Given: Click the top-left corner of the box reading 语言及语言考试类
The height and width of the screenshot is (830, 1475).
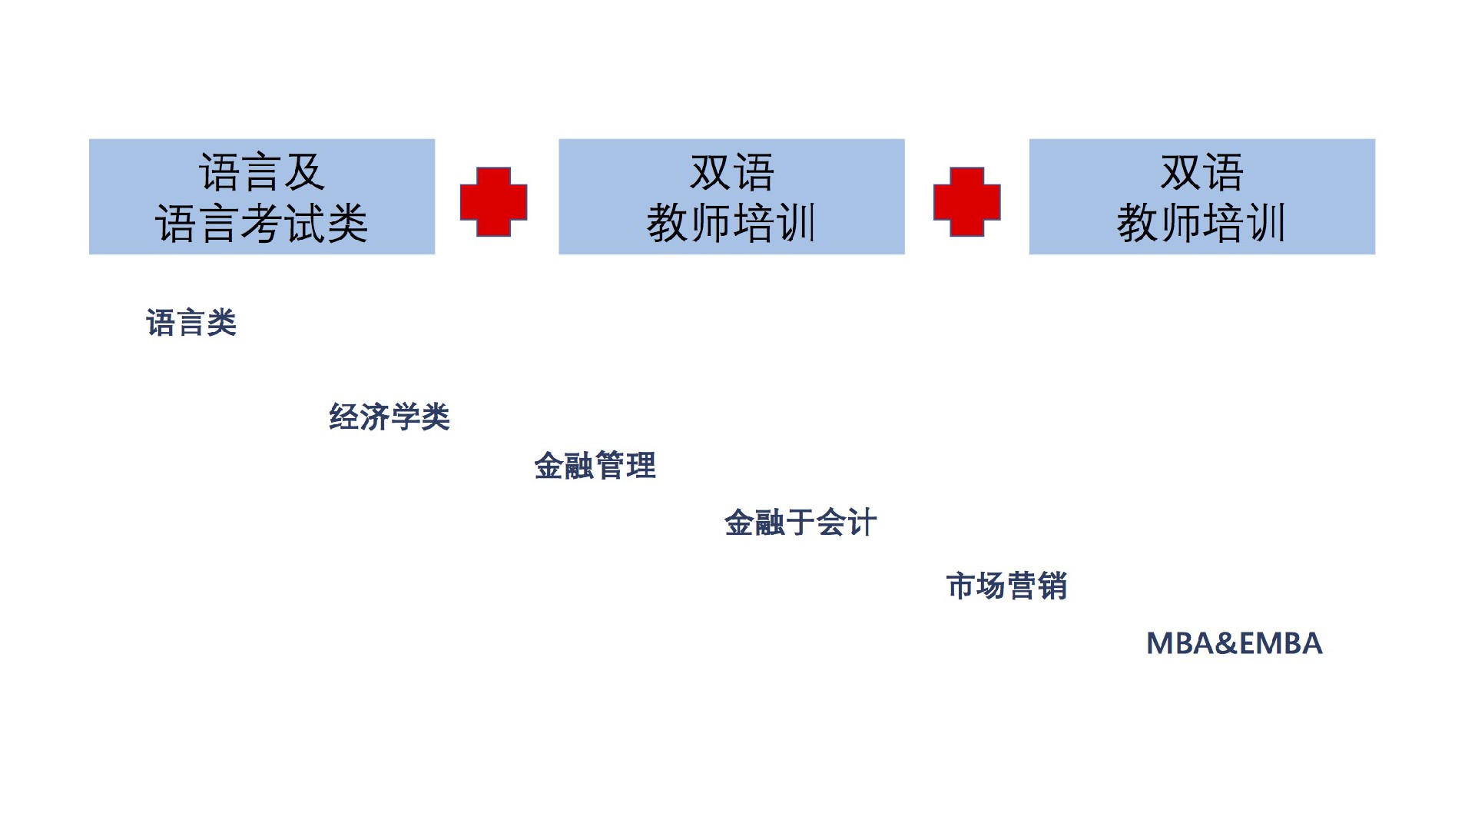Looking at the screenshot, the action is (x=89, y=139).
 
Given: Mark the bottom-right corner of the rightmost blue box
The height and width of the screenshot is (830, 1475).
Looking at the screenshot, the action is (x=1375, y=254).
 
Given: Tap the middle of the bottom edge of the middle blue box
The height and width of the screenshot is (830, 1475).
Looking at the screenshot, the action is (x=731, y=254).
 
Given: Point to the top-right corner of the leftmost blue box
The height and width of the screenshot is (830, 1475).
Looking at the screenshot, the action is (x=435, y=139).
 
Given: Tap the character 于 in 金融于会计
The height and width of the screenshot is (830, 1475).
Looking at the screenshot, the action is (x=800, y=523).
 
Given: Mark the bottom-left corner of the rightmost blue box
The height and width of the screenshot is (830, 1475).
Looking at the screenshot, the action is (x=1029, y=254).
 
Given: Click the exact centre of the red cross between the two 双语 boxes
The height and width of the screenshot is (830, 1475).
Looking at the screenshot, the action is (x=966, y=202).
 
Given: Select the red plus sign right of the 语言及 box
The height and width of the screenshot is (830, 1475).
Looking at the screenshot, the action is (x=493, y=202).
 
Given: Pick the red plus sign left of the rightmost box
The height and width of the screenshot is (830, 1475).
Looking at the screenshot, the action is (x=966, y=202).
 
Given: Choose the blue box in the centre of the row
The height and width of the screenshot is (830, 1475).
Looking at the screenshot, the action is (x=731, y=197).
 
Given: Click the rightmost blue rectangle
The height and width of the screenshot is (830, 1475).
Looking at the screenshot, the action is (x=1202, y=197).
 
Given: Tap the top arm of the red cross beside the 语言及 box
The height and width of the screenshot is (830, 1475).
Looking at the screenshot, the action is (x=493, y=176).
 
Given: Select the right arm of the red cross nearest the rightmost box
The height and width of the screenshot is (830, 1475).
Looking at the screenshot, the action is (x=992, y=202).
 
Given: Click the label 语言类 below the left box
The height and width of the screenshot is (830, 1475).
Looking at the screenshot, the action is (x=191, y=323).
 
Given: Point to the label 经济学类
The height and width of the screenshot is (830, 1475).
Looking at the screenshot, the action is (x=389, y=417).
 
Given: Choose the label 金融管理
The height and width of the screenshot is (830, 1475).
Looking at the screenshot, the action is (x=595, y=466).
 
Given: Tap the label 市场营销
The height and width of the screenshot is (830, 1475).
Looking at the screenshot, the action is (x=1006, y=586).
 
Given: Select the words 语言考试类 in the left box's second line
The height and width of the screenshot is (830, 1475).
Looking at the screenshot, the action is (x=262, y=224).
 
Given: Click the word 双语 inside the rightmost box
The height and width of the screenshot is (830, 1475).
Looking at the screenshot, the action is (x=1202, y=172).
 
